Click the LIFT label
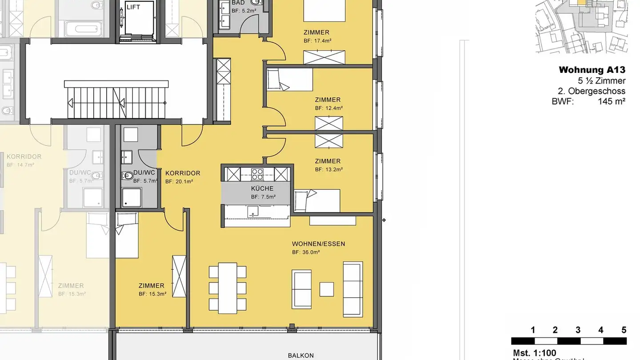[x=133, y=8]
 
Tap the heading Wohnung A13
[x=592, y=70]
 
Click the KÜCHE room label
[x=262, y=188]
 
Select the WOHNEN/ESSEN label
[x=318, y=244]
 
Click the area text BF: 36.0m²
[x=306, y=252]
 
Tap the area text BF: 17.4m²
[x=317, y=40]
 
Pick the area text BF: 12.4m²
[x=328, y=108]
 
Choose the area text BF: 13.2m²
[x=328, y=169]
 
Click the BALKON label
[x=301, y=356]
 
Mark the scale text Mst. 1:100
[x=534, y=353]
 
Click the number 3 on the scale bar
[x=578, y=330]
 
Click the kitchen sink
[x=253, y=211]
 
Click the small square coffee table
[x=327, y=289]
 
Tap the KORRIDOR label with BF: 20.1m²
[x=183, y=173]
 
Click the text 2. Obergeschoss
[x=592, y=91]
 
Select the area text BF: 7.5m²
[x=263, y=197]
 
